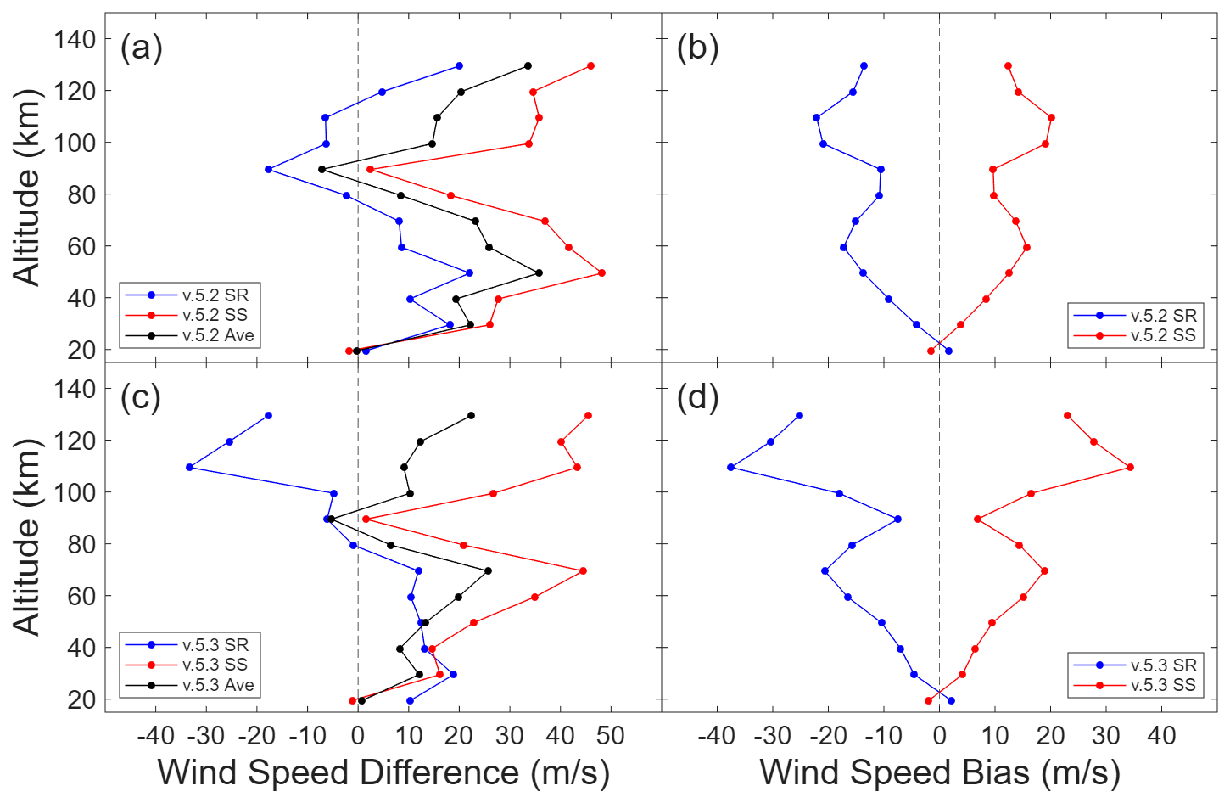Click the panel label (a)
(141, 48)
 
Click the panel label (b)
(697, 48)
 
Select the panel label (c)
(141, 397)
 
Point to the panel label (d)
(697, 397)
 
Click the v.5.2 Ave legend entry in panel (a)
(218, 335)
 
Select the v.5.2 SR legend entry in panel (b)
(1163, 316)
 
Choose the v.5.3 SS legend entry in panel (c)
(215, 665)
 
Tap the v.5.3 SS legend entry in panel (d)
(1163, 685)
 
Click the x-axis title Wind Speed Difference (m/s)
(383, 772)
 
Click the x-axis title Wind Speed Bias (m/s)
(940, 772)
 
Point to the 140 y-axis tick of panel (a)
(75, 39)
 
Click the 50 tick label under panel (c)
(611, 735)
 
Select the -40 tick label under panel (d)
(717, 735)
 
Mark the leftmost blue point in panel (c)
(189, 468)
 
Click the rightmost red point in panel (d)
(1130, 468)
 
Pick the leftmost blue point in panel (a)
(269, 170)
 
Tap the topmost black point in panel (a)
(528, 66)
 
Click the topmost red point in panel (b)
(1008, 66)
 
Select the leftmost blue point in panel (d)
(730, 468)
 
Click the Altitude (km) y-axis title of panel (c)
(27, 536)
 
